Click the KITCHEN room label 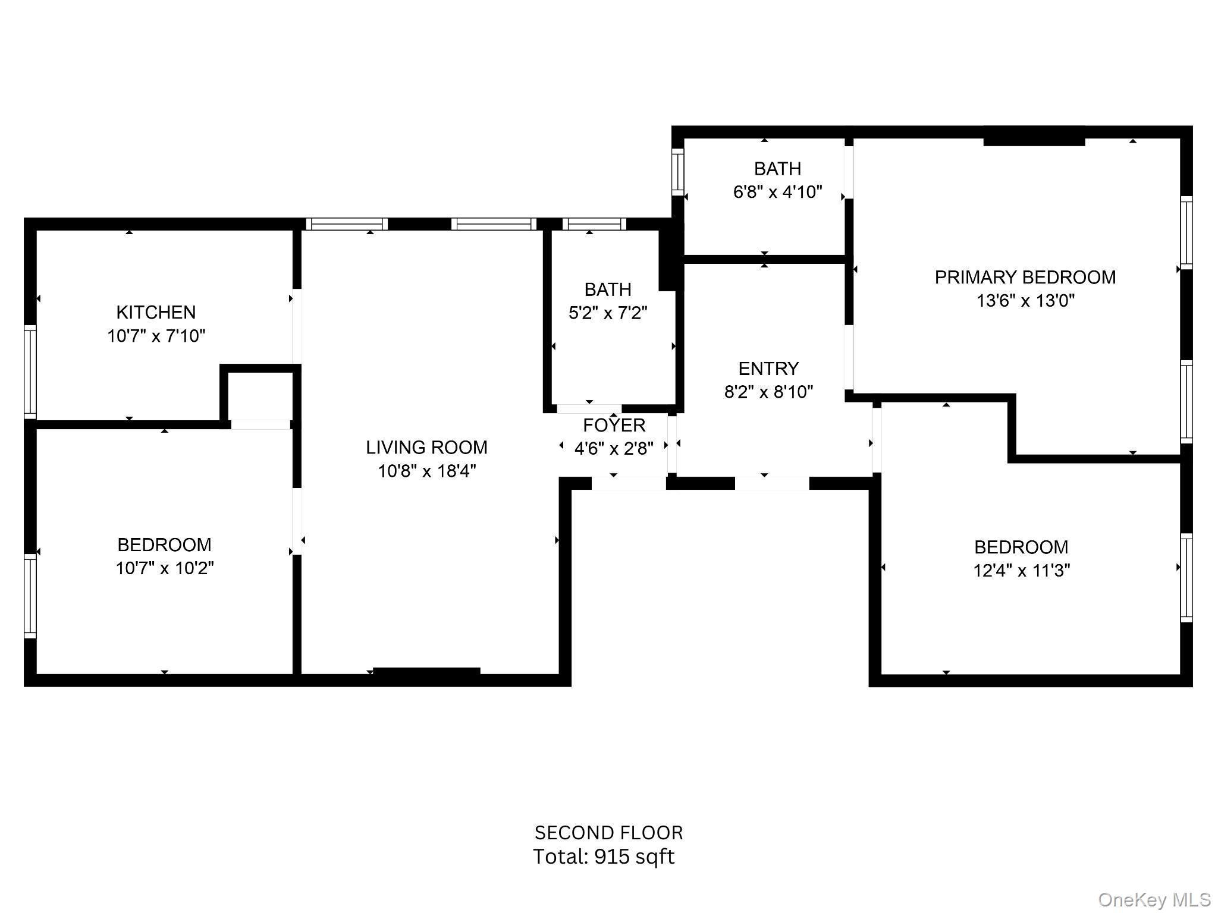click(x=156, y=312)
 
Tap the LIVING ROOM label click(x=426, y=447)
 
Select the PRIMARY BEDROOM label click(x=1025, y=277)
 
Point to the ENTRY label click(x=768, y=369)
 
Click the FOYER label click(x=614, y=425)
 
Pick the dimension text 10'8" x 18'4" click(x=426, y=471)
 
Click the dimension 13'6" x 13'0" click(x=1025, y=301)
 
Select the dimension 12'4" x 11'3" click(x=1021, y=571)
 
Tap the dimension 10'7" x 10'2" click(x=164, y=568)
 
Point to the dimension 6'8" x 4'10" click(x=777, y=192)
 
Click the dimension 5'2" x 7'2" click(x=607, y=313)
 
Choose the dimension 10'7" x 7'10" click(x=156, y=336)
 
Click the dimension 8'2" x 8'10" click(x=768, y=392)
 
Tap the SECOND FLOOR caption click(x=608, y=832)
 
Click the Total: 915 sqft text click(x=604, y=857)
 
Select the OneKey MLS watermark click(x=1154, y=900)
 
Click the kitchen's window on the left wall click(x=30, y=372)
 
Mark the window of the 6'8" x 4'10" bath click(x=677, y=172)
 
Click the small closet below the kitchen click(x=260, y=395)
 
